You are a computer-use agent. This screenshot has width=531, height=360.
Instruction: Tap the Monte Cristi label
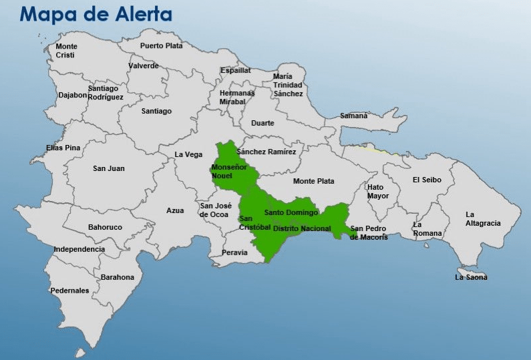tap(66, 51)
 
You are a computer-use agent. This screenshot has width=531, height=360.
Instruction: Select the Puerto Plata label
tap(161, 46)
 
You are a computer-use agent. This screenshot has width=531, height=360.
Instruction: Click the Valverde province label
tap(144, 65)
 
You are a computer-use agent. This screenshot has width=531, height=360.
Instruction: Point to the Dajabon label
tap(73, 95)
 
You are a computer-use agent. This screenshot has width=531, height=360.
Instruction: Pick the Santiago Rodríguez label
tap(106, 92)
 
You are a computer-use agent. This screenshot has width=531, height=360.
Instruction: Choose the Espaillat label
tap(236, 69)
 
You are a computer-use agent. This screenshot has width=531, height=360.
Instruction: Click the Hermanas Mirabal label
tap(237, 98)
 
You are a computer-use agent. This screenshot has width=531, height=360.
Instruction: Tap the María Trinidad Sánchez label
tap(288, 85)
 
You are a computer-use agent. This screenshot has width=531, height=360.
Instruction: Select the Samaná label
tap(353, 116)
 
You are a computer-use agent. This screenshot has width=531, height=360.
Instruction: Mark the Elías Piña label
tap(63, 148)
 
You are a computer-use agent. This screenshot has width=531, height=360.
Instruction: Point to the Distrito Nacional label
tap(302, 228)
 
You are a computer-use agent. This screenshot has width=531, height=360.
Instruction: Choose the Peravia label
tap(234, 252)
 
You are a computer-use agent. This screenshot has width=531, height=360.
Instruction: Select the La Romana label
tap(427, 228)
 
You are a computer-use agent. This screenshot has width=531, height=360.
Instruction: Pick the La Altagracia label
tap(482, 218)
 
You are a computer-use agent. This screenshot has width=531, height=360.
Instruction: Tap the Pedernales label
tap(69, 291)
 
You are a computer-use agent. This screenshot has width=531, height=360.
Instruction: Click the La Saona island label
tap(471, 277)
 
